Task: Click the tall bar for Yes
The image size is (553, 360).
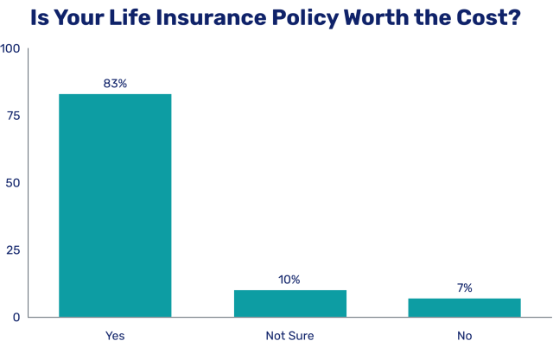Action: pyautogui.click(x=115, y=205)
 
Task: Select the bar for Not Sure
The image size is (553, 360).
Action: pyautogui.click(x=290, y=303)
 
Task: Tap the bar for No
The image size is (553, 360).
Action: pyautogui.click(x=465, y=307)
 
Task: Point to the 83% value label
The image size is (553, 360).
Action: pyautogui.click(x=115, y=84)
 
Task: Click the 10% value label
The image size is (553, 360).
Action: pyautogui.click(x=289, y=280)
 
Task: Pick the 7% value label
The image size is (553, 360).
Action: pyautogui.click(x=465, y=288)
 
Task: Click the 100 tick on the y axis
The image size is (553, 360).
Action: pyautogui.click(x=10, y=48)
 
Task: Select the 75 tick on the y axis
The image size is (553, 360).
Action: pyautogui.click(x=14, y=116)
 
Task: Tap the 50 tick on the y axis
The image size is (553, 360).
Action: pyautogui.click(x=14, y=183)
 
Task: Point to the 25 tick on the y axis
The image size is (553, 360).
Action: pyautogui.click(x=14, y=250)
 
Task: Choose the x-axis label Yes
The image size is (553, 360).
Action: pyautogui.click(x=115, y=335)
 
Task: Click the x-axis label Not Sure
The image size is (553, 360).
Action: pyautogui.click(x=289, y=335)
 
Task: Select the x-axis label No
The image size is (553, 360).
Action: pyautogui.click(x=465, y=335)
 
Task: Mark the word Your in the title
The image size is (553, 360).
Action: pyautogui.click(x=83, y=16)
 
